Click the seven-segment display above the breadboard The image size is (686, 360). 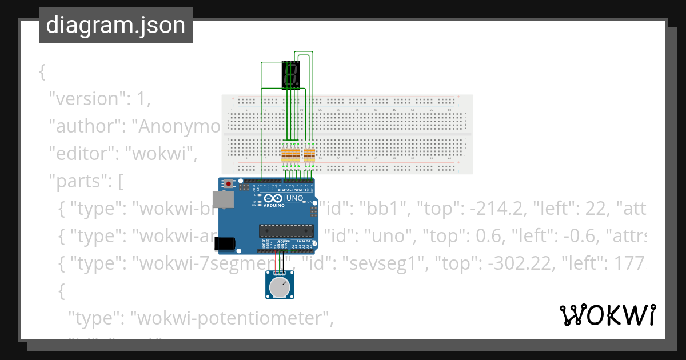[x=290, y=75]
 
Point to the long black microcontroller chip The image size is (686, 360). [x=286, y=230]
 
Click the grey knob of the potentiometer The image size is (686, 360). [x=280, y=287]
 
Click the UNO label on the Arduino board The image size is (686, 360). [x=294, y=198]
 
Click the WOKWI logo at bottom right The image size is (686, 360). [x=607, y=315]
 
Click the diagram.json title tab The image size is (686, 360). [x=115, y=25]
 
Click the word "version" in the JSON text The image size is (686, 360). [x=86, y=98]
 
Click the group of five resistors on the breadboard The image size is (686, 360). [x=290, y=154]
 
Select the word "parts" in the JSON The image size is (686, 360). [x=80, y=182]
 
